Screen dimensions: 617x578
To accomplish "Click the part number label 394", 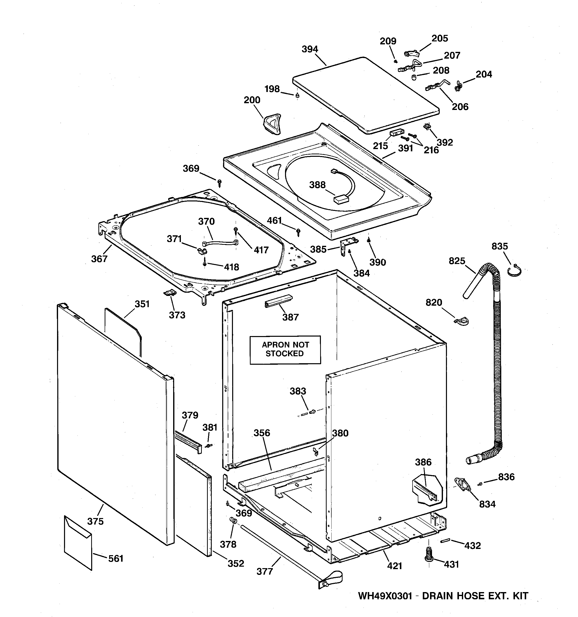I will pyautogui.click(x=310, y=49).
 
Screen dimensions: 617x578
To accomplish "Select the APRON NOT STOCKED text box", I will pyautogui.click(x=285, y=350).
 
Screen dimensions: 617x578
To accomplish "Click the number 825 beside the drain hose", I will pyautogui.click(x=457, y=261).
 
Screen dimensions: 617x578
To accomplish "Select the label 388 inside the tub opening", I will pyautogui.click(x=317, y=185).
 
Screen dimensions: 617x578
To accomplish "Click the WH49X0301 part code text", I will pyautogui.click(x=385, y=596).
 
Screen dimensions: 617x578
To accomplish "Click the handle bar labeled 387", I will pyautogui.click(x=278, y=300).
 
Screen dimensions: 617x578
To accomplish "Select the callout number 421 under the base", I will pyautogui.click(x=394, y=566).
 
